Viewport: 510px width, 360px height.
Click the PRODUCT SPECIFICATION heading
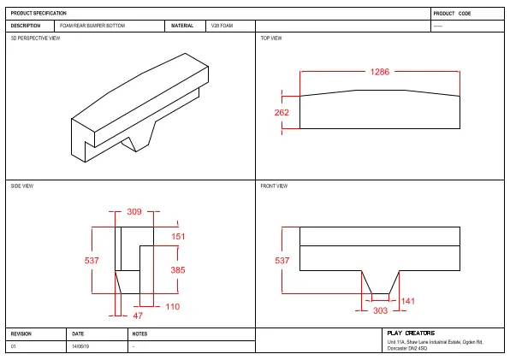pos(39,14)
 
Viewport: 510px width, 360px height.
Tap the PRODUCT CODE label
pos(452,14)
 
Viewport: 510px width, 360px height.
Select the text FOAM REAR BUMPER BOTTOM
pos(92,27)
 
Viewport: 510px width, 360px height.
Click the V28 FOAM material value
pos(222,27)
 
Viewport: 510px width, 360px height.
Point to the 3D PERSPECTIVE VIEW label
pos(35,38)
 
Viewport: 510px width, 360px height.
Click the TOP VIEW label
pos(271,38)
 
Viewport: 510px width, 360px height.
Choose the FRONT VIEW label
pos(274,186)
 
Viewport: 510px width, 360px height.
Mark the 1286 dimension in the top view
pos(380,73)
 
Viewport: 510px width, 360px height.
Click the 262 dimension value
pos(282,113)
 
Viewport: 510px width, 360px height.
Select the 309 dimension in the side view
pos(133,211)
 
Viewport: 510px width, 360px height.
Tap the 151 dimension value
pos(178,236)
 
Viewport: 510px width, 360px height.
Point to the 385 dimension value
pos(178,269)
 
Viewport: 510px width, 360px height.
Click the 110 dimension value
pos(172,306)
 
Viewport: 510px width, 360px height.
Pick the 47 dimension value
pos(138,316)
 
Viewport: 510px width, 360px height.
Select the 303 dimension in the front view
pos(380,311)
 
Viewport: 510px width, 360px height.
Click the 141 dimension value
pos(408,301)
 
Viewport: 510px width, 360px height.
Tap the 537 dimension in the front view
pos(282,260)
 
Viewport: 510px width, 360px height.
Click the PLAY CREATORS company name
pos(411,333)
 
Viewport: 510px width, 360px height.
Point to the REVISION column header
pos(21,333)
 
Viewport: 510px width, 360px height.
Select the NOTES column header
pos(140,333)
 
